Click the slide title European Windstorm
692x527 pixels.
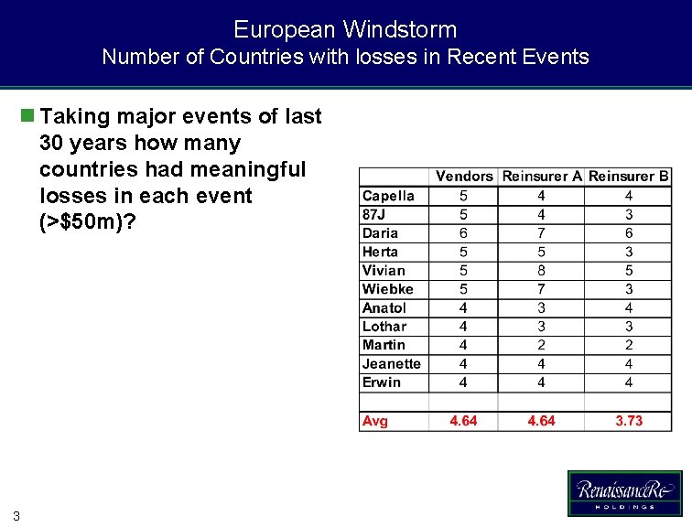point(345,29)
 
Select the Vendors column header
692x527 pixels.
point(463,176)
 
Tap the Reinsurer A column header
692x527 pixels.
point(542,176)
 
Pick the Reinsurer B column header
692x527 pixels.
point(629,176)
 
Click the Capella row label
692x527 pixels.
point(388,196)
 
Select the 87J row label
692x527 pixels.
point(374,214)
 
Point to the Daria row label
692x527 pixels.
point(380,233)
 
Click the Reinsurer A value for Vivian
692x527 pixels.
point(542,271)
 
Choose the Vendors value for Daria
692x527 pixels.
point(463,233)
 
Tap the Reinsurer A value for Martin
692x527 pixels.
point(542,345)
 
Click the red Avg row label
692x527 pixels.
point(375,421)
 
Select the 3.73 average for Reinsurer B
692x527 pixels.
point(629,421)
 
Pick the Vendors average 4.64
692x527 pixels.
point(463,421)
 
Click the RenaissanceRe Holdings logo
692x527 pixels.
point(624,493)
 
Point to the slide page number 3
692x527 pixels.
point(16,515)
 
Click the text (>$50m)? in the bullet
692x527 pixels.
point(87,222)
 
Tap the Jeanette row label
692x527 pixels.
point(391,364)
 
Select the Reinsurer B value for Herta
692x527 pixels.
point(629,252)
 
